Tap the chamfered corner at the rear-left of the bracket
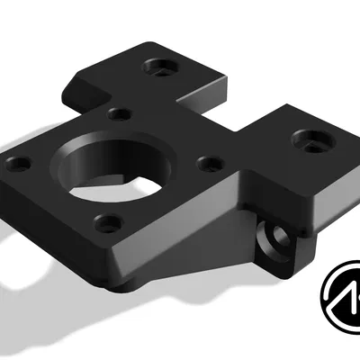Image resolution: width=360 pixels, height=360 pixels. [x=77, y=86]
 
